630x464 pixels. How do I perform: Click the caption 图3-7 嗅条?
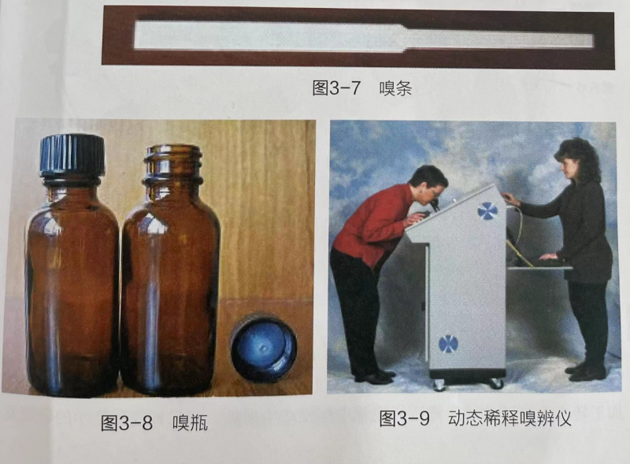(362, 88)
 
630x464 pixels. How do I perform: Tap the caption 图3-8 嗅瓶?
(154, 423)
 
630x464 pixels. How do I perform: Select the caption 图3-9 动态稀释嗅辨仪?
(475, 418)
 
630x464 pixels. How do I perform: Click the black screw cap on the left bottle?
(72, 156)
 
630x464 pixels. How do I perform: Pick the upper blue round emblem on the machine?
(487, 210)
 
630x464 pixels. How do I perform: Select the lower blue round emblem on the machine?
(448, 343)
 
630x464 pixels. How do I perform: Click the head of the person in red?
(428, 184)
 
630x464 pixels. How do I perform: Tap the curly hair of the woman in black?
(579, 159)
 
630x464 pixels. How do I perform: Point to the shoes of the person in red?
(376, 377)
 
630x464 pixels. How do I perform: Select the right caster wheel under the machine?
(497, 384)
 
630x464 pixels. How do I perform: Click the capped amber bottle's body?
(72, 289)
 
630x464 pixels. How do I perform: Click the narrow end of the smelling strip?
(498, 40)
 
